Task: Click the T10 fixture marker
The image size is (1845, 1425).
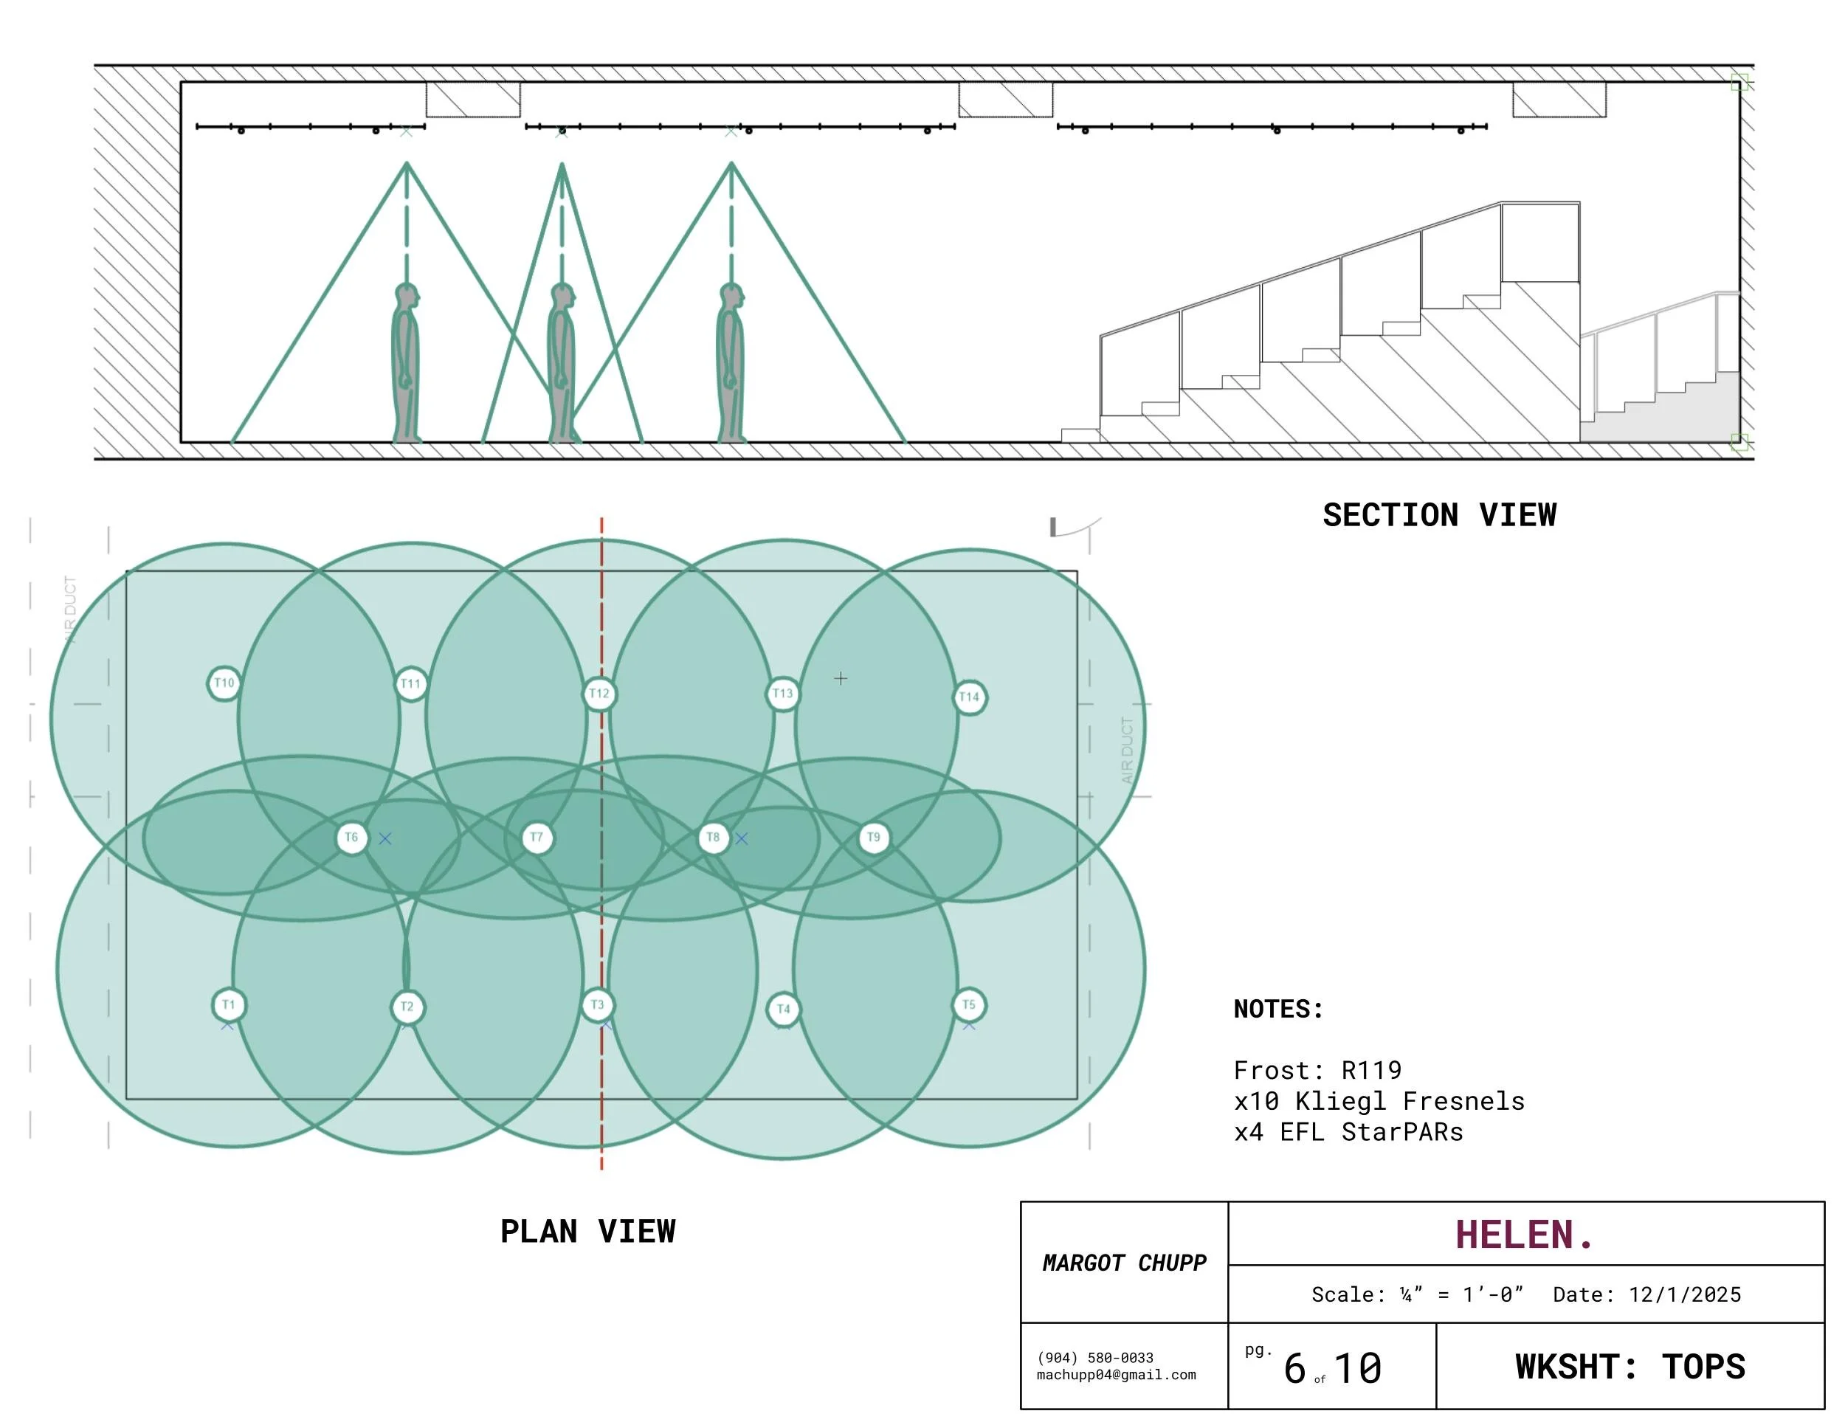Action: point(224,683)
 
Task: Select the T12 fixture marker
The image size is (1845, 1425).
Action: point(600,694)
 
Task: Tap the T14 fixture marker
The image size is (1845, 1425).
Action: point(969,697)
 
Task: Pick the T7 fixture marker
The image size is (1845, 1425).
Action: point(537,837)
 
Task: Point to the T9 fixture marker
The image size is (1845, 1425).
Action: point(874,837)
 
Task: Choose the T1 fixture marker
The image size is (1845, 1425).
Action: point(228,1004)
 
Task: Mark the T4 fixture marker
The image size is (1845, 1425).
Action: point(783,1009)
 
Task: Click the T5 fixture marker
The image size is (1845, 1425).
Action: point(969,1004)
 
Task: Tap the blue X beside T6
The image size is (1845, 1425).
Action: point(385,838)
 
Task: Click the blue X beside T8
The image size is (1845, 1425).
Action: point(742,838)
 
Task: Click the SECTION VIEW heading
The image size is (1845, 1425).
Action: point(1440,514)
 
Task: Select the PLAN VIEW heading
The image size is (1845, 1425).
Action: point(588,1231)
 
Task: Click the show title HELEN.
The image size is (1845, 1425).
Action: point(1524,1234)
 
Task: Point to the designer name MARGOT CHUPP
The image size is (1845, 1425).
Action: point(1125,1263)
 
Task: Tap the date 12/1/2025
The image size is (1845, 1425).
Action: point(1686,1294)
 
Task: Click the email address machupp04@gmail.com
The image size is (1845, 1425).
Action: point(1116,1374)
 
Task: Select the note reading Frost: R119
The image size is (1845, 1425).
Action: point(1318,1070)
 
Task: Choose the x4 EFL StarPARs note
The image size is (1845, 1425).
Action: point(1349,1132)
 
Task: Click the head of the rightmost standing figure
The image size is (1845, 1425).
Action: point(731,297)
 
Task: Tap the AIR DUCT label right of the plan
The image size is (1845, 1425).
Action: point(1127,750)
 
